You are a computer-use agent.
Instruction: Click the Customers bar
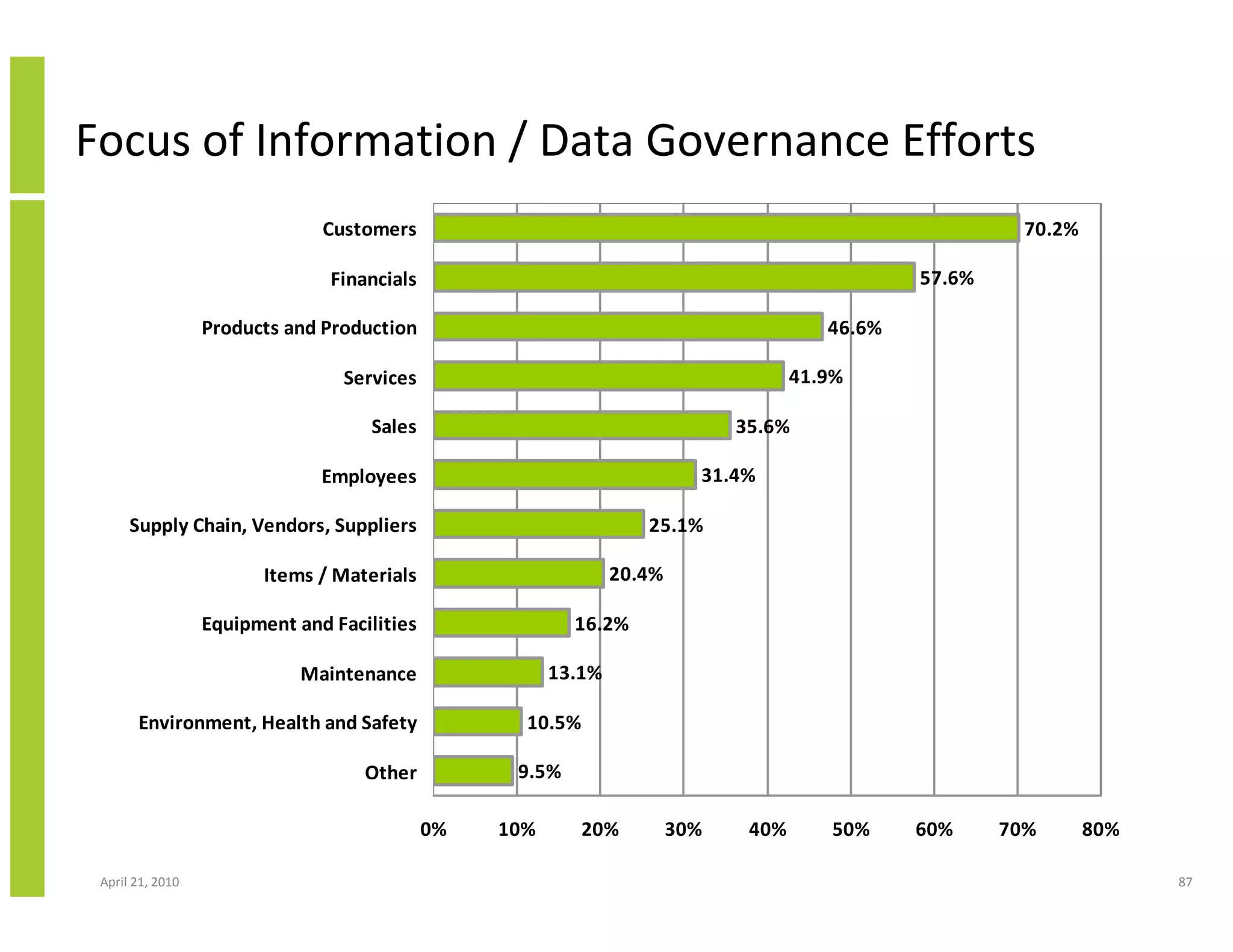click(x=725, y=229)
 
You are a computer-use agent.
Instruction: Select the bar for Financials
click(x=674, y=278)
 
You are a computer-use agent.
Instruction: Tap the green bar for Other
click(x=473, y=771)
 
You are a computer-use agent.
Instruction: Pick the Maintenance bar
click(x=488, y=673)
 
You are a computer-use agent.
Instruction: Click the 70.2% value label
click(x=1051, y=229)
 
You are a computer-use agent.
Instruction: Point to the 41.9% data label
click(x=816, y=377)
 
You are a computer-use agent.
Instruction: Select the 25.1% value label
click(x=676, y=525)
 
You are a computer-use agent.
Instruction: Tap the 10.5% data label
click(x=554, y=723)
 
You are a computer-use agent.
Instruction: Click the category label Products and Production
click(x=309, y=328)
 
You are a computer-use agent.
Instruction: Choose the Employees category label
click(x=368, y=477)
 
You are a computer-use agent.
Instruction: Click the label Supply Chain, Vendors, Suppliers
click(x=273, y=525)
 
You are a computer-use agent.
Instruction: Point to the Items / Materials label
click(x=340, y=575)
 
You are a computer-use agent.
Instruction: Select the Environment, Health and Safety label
click(x=278, y=723)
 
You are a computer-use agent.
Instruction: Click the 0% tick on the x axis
click(x=433, y=830)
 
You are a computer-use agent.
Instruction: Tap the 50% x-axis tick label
click(x=851, y=830)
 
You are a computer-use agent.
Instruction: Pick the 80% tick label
click(x=1101, y=830)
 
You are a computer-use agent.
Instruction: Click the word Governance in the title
click(x=768, y=141)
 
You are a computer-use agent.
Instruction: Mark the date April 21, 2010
click(x=140, y=882)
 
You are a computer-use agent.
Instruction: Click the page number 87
click(x=1185, y=882)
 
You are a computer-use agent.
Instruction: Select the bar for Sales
click(x=582, y=426)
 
